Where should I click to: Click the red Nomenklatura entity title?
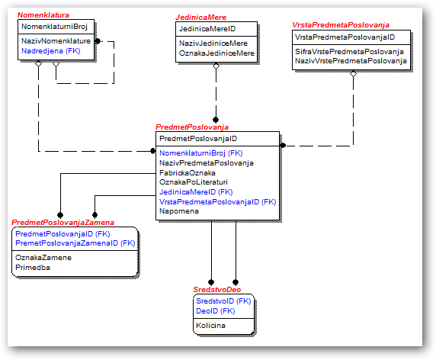(43, 15)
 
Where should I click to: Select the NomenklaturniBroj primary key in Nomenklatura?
(55, 27)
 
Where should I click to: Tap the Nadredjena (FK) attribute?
(51, 51)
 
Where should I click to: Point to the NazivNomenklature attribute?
(56, 41)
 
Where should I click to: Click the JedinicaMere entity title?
(201, 18)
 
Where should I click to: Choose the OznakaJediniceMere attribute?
(216, 53)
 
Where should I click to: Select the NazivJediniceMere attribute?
(213, 43)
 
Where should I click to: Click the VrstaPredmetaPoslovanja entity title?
(341, 25)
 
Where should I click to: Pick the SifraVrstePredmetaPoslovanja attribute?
(349, 51)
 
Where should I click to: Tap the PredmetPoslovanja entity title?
(192, 127)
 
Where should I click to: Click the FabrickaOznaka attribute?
(188, 173)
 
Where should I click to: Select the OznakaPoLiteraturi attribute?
(194, 182)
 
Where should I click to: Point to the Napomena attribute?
(179, 211)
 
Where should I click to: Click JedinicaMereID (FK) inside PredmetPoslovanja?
(196, 192)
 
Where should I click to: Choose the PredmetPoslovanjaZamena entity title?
(63, 223)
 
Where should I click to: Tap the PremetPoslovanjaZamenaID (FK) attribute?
(75, 243)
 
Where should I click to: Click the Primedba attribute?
(33, 268)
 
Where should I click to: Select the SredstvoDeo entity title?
(217, 290)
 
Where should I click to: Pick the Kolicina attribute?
(210, 325)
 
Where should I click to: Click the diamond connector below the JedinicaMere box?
(216, 66)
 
